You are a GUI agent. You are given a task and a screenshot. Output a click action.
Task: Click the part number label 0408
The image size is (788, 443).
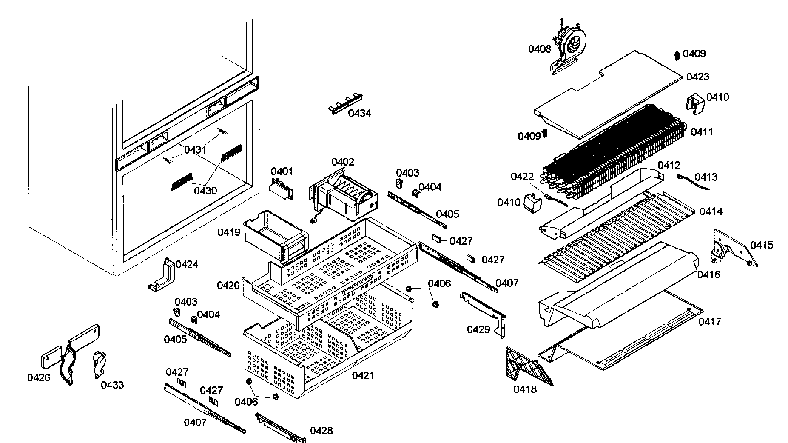[539, 49]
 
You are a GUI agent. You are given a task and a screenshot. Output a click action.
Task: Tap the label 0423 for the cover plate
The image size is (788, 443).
[698, 77]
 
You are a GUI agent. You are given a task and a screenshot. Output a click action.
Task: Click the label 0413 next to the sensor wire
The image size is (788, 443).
[706, 177]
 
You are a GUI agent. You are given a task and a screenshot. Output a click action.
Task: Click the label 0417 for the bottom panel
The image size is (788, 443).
[710, 322]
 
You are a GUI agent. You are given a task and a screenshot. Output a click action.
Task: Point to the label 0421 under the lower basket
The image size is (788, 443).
[363, 375]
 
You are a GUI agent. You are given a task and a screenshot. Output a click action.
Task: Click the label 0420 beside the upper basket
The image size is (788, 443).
[228, 285]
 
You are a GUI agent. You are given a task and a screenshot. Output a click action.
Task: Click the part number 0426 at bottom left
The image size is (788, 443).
[39, 377]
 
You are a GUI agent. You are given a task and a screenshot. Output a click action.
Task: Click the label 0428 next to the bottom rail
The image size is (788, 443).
[321, 431]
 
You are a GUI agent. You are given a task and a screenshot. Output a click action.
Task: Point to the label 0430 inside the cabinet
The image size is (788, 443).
[205, 191]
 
